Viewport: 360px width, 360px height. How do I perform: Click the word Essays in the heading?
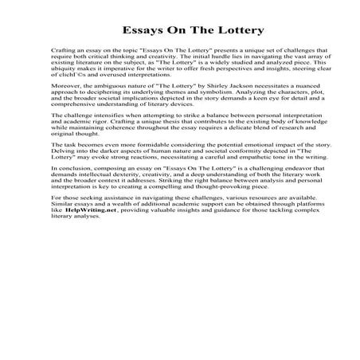click(x=144, y=31)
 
